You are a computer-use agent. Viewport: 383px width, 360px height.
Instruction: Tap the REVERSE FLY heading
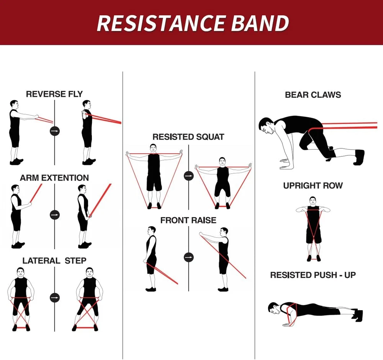click(x=54, y=94)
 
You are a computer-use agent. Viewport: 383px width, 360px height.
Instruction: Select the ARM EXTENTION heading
click(x=54, y=178)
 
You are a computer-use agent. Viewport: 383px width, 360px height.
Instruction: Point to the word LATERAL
click(x=41, y=261)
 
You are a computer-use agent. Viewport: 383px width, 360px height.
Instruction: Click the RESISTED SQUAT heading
click(x=188, y=137)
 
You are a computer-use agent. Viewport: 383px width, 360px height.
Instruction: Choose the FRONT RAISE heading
click(x=188, y=220)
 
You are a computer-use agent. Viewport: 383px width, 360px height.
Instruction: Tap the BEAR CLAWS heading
click(x=313, y=95)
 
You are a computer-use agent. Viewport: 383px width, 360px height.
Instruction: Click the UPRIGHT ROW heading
click(x=313, y=186)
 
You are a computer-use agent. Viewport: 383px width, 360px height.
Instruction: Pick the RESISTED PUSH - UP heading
click(x=313, y=275)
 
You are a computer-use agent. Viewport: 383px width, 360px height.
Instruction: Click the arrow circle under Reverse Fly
click(x=54, y=131)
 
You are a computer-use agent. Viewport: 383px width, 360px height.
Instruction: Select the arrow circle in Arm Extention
click(x=54, y=215)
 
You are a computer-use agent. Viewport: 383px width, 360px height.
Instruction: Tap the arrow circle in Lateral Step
click(x=54, y=298)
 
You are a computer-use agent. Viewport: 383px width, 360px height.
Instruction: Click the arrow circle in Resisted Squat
click(x=188, y=176)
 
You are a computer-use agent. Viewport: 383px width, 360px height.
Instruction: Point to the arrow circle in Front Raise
click(x=188, y=257)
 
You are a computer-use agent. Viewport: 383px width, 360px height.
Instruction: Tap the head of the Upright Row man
click(x=313, y=201)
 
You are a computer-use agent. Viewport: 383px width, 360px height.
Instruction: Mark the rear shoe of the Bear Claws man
click(x=359, y=157)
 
